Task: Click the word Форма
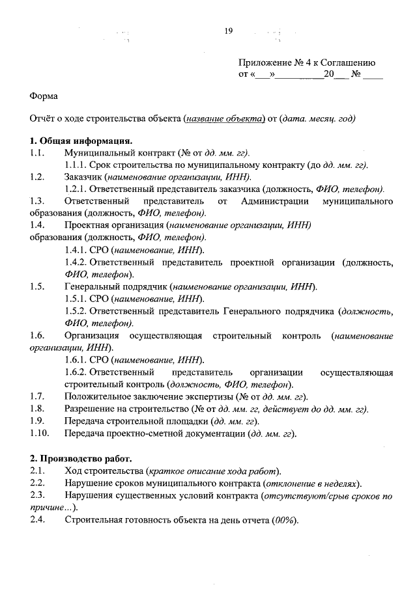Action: click(x=44, y=96)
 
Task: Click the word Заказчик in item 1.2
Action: click(x=85, y=177)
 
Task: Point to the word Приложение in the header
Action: click(x=265, y=63)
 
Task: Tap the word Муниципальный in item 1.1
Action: click(x=96, y=153)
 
